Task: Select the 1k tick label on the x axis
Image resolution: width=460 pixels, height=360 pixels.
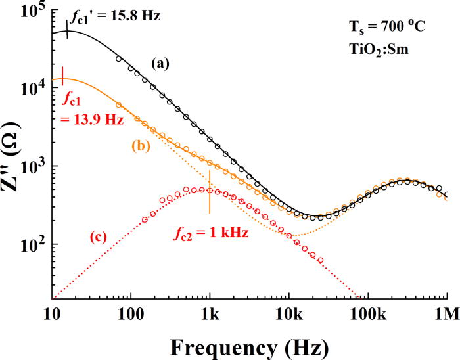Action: click(x=210, y=311)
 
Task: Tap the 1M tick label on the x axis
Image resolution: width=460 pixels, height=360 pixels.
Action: click(x=445, y=311)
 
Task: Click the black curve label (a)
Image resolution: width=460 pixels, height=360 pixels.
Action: click(x=161, y=64)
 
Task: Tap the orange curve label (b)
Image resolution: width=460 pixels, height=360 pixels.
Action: click(x=141, y=146)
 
